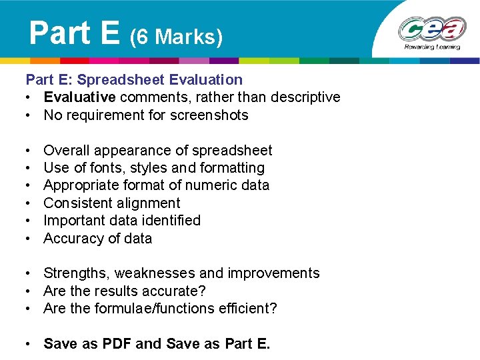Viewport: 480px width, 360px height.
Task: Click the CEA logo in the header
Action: pos(431,29)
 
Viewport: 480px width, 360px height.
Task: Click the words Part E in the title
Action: pos(74,32)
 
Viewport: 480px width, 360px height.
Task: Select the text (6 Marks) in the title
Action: pos(176,37)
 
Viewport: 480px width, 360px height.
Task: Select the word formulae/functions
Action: pos(163,309)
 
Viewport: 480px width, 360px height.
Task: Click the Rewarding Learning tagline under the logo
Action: pos(432,48)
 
